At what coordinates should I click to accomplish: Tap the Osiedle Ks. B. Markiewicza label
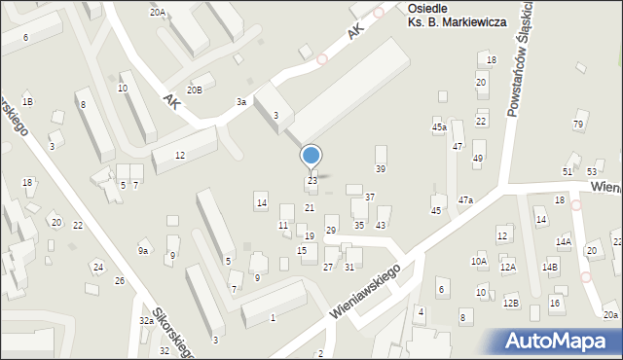(x=456, y=15)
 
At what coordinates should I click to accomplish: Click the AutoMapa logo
(x=562, y=340)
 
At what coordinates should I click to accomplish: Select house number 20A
(x=157, y=12)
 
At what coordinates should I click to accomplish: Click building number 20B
(x=196, y=90)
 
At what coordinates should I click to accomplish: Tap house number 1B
(x=28, y=101)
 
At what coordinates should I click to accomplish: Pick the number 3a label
(x=240, y=101)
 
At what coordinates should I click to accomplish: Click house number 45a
(x=439, y=127)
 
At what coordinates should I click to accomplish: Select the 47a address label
(x=466, y=199)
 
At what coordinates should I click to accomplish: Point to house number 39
(x=381, y=168)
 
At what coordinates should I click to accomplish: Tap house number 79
(x=578, y=124)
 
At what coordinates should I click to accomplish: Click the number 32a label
(x=146, y=320)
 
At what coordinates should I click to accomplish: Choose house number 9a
(x=143, y=251)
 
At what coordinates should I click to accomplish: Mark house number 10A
(x=479, y=261)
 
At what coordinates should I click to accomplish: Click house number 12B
(x=511, y=303)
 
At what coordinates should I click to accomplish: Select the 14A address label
(x=564, y=241)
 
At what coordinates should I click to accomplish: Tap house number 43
(x=381, y=225)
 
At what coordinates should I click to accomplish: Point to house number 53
(x=592, y=171)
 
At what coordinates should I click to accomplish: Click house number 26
(x=119, y=280)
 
